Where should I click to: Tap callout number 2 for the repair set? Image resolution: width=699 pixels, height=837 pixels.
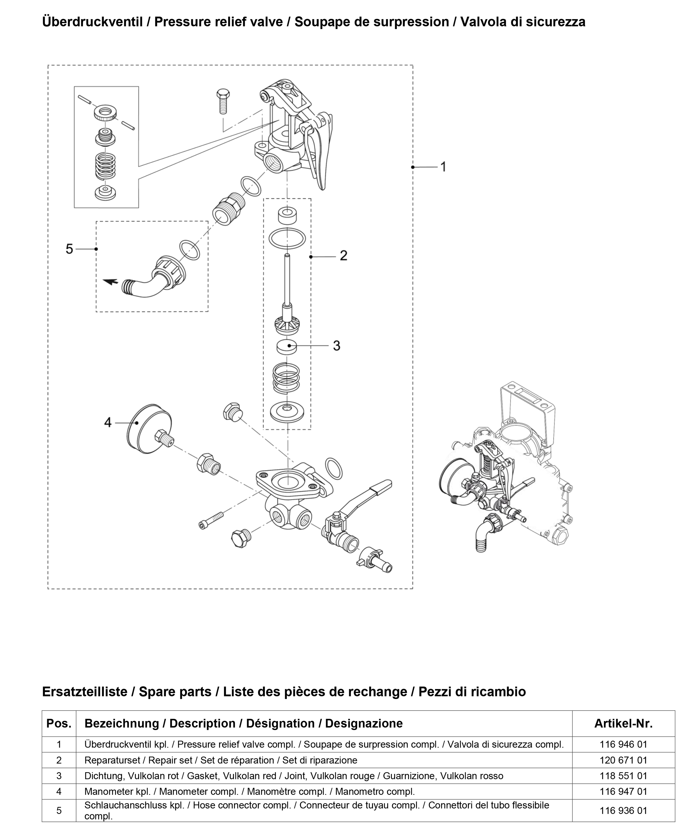pyautogui.click(x=343, y=255)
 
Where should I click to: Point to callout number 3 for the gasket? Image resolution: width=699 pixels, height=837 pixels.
pyautogui.click(x=336, y=346)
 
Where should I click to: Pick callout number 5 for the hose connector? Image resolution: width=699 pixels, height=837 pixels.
pyautogui.click(x=69, y=249)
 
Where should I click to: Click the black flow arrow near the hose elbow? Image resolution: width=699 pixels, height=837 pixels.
pyautogui.click(x=110, y=282)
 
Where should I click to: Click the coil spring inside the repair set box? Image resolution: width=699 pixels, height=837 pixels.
pyautogui.click(x=286, y=377)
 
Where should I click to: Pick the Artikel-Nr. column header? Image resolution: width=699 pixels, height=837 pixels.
pyautogui.click(x=623, y=724)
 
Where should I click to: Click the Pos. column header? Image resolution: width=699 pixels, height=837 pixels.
pyautogui.click(x=59, y=724)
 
